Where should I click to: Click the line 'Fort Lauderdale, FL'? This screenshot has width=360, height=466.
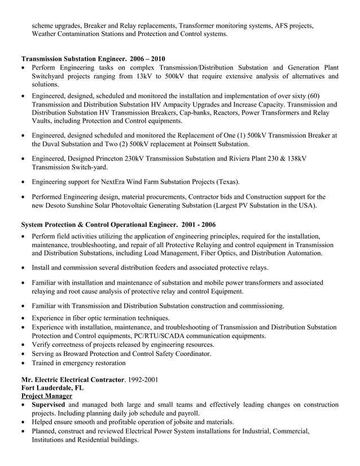tap(52, 388)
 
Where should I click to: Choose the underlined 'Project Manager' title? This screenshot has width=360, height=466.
tap(46, 397)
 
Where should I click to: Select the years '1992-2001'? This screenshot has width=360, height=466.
tap(143, 379)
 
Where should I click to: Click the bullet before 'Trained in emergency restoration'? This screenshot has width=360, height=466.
tap(23, 363)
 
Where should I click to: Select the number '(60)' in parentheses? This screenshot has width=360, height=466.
tap(311, 96)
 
